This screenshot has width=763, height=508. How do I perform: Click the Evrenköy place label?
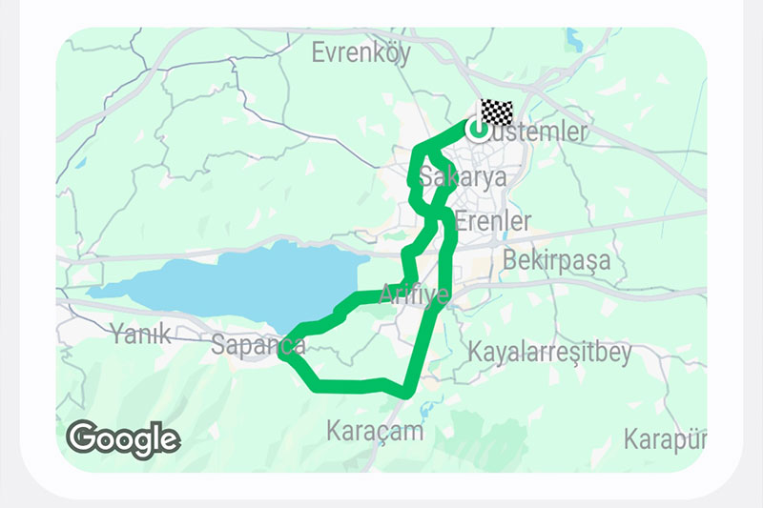coord(361,53)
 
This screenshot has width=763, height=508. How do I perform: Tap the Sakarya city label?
coord(462,178)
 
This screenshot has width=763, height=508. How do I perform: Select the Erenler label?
coord(493,222)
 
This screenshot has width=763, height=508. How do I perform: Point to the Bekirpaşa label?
coord(556,259)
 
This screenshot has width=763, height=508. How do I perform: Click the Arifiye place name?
coord(414,295)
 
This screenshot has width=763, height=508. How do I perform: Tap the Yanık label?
coord(139,334)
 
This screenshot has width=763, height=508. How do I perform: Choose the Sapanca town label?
coord(258,344)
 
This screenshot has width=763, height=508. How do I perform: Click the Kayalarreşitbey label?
coord(549,353)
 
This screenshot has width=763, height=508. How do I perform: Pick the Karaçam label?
coord(374,430)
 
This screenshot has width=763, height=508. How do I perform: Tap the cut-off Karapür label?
coord(665,439)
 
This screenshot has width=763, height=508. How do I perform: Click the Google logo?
coord(123,438)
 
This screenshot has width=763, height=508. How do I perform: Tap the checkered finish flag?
coord(496,112)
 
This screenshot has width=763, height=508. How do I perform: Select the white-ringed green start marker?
coord(478,129)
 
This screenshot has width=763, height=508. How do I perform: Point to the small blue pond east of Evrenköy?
coord(573,39)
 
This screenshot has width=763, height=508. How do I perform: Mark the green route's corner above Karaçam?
coord(407,392)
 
